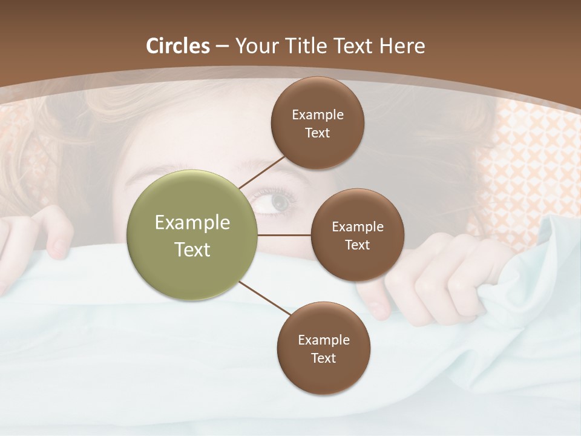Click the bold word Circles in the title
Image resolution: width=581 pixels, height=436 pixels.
(x=178, y=45)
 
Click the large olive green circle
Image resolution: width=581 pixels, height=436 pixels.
(x=192, y=235)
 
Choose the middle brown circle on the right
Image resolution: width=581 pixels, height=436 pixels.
(x=357, y=235)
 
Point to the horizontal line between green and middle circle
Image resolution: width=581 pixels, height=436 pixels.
(x=284, y=235)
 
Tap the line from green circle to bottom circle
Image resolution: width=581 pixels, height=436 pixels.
(x=265, y=298)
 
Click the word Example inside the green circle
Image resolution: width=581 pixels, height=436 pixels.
(x=192, y=223)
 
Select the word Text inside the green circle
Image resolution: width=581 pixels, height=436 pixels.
(x=192, y=249)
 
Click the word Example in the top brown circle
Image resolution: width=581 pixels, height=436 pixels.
(x=318, y=114)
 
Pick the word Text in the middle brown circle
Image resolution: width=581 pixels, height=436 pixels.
(x=357, y=245)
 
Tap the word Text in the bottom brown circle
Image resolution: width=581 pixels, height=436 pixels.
(x=323, y=358)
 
